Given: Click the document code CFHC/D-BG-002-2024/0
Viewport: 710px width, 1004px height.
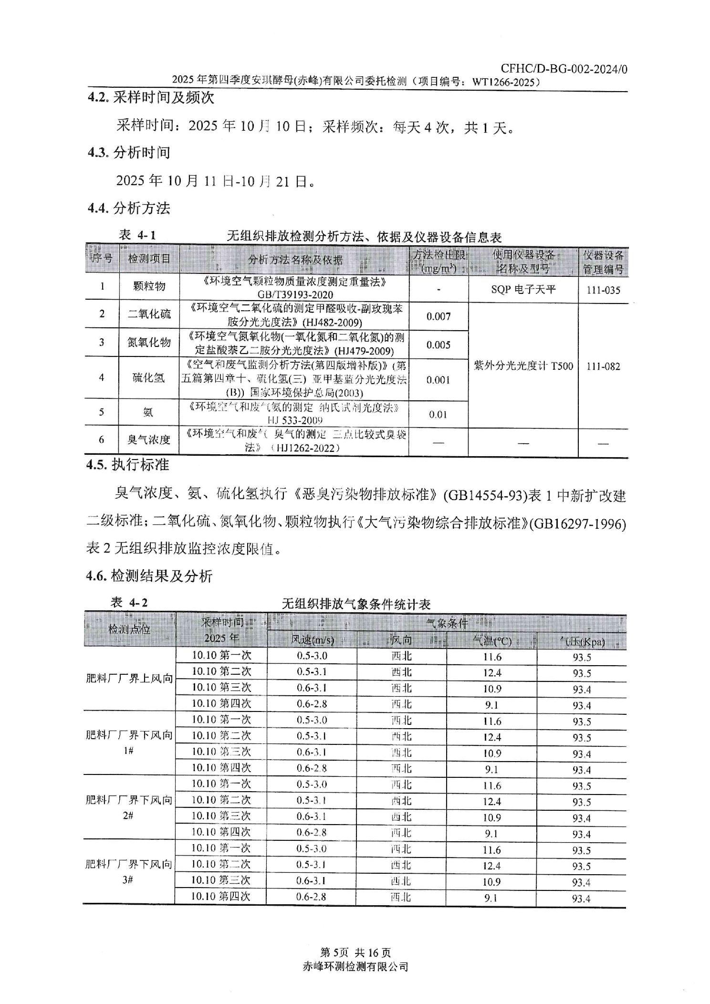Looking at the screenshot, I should coord(564,69).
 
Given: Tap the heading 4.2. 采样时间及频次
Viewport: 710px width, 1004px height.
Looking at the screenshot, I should coord(151,98).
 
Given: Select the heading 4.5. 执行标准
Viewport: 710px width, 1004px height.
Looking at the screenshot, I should coord(128,465).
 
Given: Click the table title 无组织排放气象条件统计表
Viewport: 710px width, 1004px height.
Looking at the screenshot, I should coord(356,604).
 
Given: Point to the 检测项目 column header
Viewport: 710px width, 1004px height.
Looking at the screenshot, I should coord(149,259).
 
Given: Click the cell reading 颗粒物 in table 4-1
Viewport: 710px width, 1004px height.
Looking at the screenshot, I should coord(149,286).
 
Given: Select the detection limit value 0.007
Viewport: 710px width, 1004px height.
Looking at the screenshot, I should coord(438,316).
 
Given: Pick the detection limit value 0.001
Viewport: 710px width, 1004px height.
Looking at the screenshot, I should coord(438,380).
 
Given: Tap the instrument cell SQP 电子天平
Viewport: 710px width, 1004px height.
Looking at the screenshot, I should coord(523,290).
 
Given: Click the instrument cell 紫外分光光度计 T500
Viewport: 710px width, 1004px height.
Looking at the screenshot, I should coord(523,366).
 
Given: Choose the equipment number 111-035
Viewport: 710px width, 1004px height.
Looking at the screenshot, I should coord(603,290).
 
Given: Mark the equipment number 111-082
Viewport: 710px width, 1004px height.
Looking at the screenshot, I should coord(603,366).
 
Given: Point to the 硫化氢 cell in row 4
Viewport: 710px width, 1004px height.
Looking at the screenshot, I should coord(148,378).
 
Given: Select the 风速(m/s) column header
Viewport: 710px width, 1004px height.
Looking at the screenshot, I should coord(313,640).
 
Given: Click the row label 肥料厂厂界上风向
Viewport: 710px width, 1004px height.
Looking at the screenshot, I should coord(129,679).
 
